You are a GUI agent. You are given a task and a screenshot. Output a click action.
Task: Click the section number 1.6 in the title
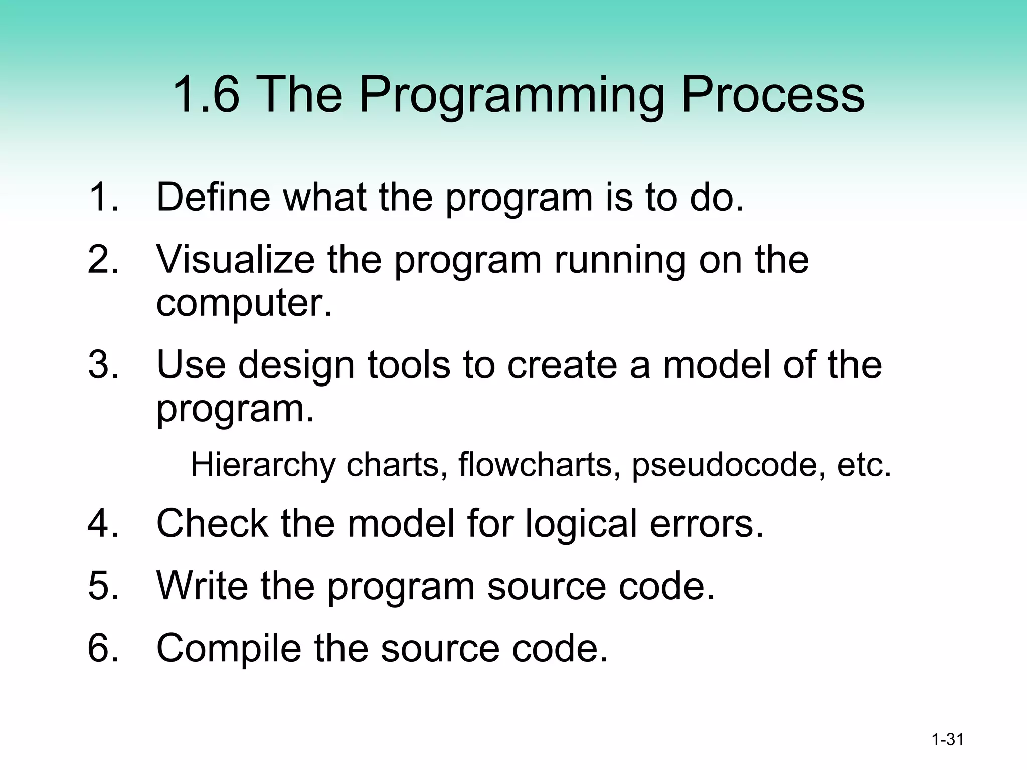[x=206, y=95]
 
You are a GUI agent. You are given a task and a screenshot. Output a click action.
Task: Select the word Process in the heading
[x=772, y=95]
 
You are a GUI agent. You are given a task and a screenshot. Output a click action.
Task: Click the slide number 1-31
[x=947, y=739]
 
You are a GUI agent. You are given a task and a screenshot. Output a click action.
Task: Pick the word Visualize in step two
[x=235, y=260]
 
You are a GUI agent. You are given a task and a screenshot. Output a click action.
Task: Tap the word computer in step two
[x=244, y=304]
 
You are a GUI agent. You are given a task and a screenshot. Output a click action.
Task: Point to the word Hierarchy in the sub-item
[x=263, y=465]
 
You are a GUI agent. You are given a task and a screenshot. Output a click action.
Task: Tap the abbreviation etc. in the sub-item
[x=864, y=465]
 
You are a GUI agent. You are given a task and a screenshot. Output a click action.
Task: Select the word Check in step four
[x=212, y=523]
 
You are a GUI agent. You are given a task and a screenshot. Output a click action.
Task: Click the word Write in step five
[x=202, y=585]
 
